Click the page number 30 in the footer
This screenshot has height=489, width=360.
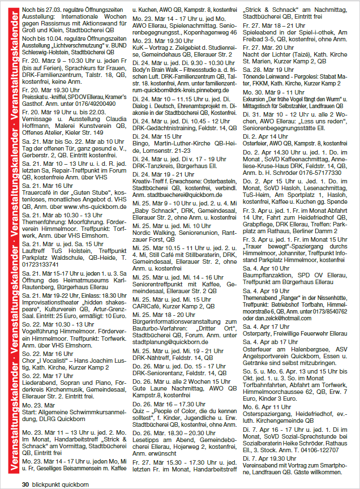25,484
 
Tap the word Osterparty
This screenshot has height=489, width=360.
258,334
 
